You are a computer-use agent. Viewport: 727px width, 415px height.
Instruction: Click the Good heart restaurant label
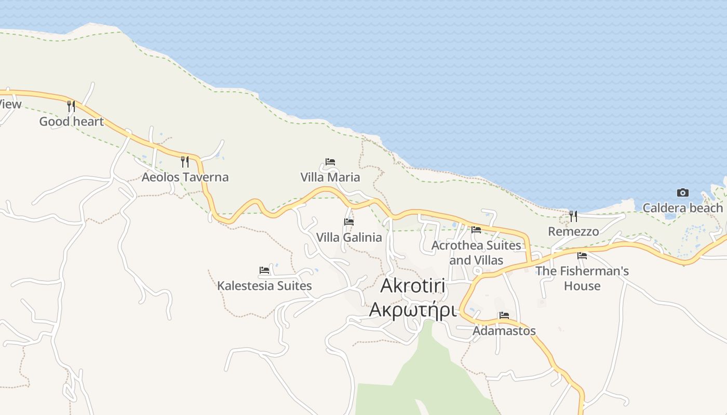(72, 121)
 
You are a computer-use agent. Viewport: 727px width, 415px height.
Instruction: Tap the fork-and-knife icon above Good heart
(71, 106)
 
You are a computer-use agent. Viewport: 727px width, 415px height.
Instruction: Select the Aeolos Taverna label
(185, 177)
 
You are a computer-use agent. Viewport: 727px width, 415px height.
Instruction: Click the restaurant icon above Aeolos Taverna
(184, 161)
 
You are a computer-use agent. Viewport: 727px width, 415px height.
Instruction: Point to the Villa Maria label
(330, 177)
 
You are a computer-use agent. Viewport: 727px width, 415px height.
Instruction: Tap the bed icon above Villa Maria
(330, 162)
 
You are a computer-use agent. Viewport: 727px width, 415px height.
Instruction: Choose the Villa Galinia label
(349, 237)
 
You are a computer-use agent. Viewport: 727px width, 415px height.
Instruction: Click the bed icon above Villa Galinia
(349, 222)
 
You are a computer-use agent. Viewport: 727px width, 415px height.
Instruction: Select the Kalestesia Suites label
(264, 285)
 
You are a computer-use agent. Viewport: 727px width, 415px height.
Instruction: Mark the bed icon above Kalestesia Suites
(264, 270)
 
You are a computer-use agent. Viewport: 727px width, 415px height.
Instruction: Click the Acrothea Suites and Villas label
(476, 252)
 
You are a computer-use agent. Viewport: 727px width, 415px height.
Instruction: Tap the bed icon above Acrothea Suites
(476, 229)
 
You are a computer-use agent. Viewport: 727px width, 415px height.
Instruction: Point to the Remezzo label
(573, 231)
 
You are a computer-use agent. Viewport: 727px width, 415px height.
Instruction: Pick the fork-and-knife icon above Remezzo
(573, 216)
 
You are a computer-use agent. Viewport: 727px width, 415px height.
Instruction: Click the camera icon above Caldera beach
(682, 193)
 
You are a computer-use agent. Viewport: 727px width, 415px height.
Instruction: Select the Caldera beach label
(682, 208)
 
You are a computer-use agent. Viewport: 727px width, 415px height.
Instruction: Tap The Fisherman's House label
(582, 278)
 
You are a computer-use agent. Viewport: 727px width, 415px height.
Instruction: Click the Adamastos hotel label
(504, 330)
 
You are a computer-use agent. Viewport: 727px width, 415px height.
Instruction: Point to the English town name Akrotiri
(413, 286)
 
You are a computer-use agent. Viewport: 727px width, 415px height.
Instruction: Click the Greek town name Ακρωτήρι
(413, 310)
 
